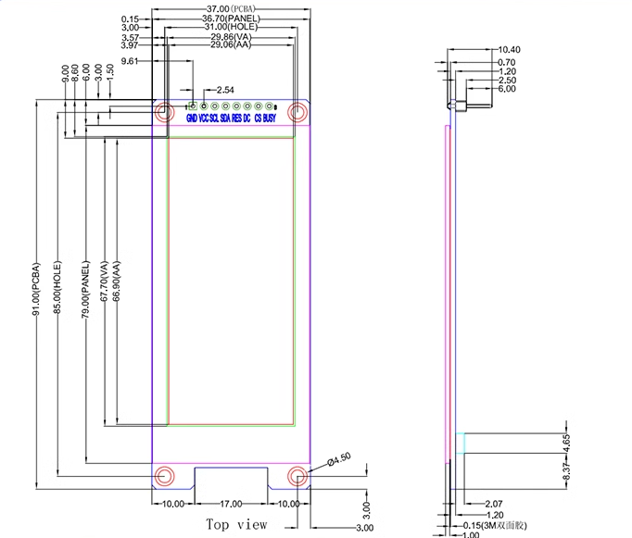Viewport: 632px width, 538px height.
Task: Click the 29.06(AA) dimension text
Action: (230, 44)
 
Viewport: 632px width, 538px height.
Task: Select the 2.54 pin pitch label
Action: (224, 90)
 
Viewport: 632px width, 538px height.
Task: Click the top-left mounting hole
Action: (163, 113)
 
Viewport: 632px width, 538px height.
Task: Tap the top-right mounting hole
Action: (297, 113)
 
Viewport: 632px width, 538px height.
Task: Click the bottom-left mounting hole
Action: (164, 476)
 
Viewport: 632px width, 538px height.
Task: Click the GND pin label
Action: (191, 119)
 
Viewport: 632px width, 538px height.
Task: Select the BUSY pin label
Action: (269, 119)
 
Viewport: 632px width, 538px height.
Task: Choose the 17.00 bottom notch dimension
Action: (231, 505)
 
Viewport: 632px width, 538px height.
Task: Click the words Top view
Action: (236, 524)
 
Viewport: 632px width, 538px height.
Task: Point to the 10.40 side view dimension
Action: (509, 49)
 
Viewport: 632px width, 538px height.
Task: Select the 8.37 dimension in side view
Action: (568, 472)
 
